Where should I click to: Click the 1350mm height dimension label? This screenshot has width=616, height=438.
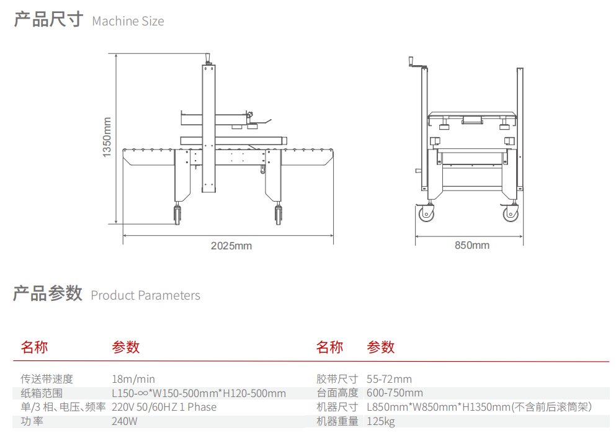pyautogui.click(x=107, y=137)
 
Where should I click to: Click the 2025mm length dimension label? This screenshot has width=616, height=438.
pyautogui.click(x=231, y=246)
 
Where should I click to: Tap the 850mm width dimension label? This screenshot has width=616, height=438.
pyautogui.click(x=472, y=245)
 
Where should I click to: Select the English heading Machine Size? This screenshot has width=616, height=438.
pyautogui.click(x=128, y=21)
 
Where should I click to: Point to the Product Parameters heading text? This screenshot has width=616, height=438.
pyautogui.click(x=145, y=295)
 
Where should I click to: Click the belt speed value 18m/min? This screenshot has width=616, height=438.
pyautogui.click(x=133, y=379)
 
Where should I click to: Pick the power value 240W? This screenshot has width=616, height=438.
pyautogui.click(x=125, y=422)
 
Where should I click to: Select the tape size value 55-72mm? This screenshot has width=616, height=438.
pyautogui.click(x=389, y=379)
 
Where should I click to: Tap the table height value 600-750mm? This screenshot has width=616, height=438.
pyautogui.click(x=395, y=393)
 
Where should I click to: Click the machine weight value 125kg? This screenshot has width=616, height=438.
pyautogui.click(x=380, y=422)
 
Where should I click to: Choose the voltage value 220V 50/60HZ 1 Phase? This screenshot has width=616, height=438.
pyautogui.click(x=164, y=407)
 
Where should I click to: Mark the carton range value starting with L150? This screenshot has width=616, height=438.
pyautogui.click(x=199, y=393)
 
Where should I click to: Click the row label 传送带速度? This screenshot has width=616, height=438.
pyautogui.click(x=47, y=379)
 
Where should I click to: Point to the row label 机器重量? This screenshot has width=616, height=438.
pyautogui.click(x=337, y=422)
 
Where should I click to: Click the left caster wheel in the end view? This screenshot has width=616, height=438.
pyautogui.click(x=426, y=215)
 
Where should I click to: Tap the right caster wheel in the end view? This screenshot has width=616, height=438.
pyautogui.click(x=511, y=215)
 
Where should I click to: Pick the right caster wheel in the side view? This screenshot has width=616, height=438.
pyautogui.click(x=279, y=215)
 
